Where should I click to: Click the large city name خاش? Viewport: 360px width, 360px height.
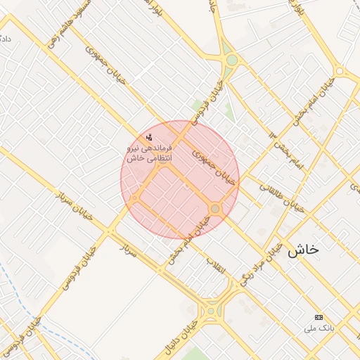(x=303, y=249)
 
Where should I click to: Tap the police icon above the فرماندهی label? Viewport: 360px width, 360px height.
(x=149, y=137)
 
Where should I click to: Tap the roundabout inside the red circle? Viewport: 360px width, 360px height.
(x=215, y=209)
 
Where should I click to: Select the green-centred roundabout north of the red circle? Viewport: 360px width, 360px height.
(x=231, y=60)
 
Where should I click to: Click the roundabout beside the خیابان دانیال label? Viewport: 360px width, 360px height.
(x=210, y=309)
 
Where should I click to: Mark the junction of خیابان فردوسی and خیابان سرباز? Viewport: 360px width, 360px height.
(x=110, y=231)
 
